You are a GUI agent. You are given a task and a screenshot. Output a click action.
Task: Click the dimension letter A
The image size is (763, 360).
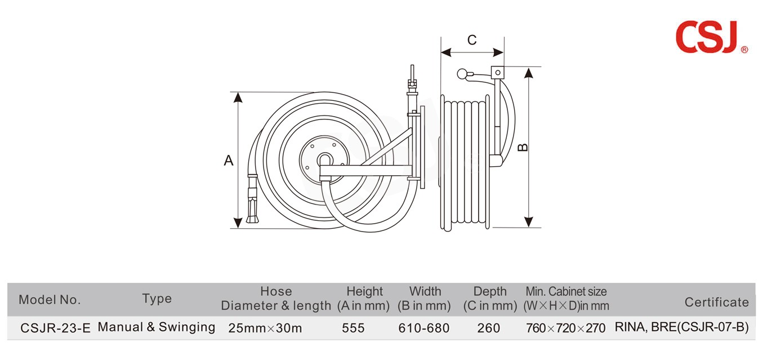coord(228,161)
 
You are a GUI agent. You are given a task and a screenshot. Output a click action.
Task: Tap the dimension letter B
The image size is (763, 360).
coord(523,147)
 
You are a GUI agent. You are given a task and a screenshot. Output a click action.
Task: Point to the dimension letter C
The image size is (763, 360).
coord(472,40)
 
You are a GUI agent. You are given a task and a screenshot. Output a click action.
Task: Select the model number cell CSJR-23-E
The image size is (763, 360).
coord(55,328)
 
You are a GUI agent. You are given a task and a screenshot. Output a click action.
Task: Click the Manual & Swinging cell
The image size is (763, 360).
coord(157,327)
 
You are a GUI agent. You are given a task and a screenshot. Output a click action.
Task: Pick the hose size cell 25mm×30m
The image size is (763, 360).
coord(265,328)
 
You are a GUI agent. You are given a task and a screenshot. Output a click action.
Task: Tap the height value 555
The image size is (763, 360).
coord(353,328)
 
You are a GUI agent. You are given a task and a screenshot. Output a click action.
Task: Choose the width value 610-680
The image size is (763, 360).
coord(423,328)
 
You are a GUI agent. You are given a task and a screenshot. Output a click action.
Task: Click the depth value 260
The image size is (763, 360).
coord(488,328)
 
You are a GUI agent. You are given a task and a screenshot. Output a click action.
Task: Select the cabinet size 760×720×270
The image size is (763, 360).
coord(566,328)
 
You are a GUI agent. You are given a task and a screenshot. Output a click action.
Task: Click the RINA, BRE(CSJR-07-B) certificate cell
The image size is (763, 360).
coord(681,327)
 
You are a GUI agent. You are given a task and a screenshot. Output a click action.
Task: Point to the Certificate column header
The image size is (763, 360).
coord(716,302)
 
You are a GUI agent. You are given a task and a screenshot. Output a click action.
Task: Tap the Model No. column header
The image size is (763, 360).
coord(50,300)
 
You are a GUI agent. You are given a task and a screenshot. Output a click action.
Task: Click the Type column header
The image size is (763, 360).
coord(157,299)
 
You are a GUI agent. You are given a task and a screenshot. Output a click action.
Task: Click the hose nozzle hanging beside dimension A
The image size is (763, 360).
coord(252,203)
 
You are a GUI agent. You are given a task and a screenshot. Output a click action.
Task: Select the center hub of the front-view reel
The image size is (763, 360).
coord(324,160)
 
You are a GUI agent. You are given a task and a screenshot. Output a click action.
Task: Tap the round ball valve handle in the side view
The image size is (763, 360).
coord(462,73)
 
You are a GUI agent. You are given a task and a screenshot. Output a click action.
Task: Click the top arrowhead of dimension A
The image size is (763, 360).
coord(238,97)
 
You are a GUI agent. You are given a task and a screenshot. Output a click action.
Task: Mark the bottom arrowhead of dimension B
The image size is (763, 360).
coord(528,222)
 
